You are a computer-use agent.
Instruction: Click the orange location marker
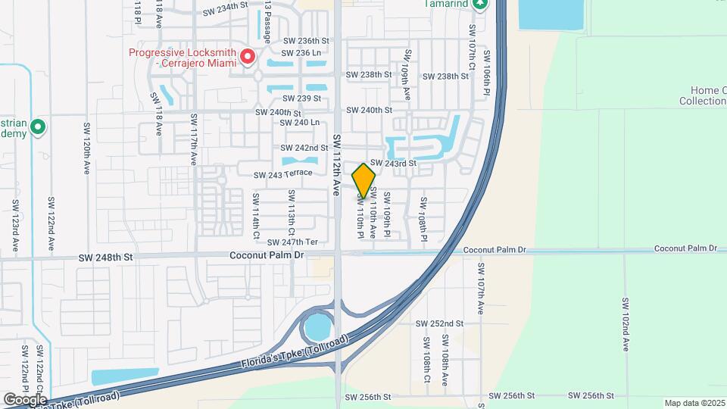pyautogui.click(x=363, y=180)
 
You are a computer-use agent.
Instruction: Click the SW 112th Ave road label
pyautogui.click(x=337, y=166)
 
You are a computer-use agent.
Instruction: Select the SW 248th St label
pyautogui.click(x=105, y=258)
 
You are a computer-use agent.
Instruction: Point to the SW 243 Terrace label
pyautogui.click(x=283, y=174)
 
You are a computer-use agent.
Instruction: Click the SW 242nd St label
pyautogui.click(x=304, y=148)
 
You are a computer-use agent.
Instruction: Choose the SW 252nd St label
pyautogui.click(x=439, y=323)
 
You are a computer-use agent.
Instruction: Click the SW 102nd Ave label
pyautogui.click(x=626, y=323)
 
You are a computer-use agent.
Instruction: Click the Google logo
pyautogui.click(x=25, y=399)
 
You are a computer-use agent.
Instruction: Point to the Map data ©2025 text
pyautogui.click(x=694, y=403)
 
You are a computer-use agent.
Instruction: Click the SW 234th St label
pyautogui.click(x=226, y=13)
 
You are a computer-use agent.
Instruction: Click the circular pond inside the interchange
pyautogui.click(x=317, y=328)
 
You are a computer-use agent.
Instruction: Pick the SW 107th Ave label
pyautogui.click(x=480, y=289)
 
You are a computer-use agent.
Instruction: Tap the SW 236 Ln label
pyautogui.click(x=301, y=53)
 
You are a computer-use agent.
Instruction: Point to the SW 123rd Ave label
pyautogui.click(x=14, y=226)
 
